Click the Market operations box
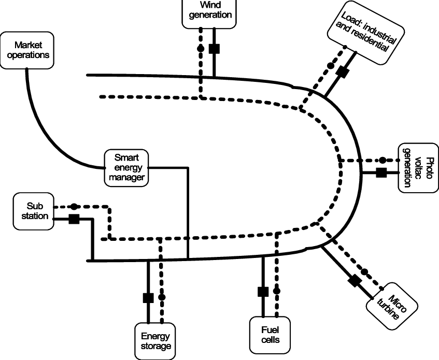click(x=27, y=50)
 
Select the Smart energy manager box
click(x=126, y=168)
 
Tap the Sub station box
click(x=34, y=211)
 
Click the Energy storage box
click(x=155, y=341)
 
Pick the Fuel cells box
click(x=270, y=335)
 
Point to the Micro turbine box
click(x=392, y=306)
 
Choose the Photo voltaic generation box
click(x=419, y=168)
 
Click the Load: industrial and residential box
click(x=366, y=33)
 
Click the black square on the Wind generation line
click(x=214, y=49)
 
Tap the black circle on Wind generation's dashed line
click(x=201, y=48)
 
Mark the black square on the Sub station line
click(x=74, y=219)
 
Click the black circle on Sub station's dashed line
click(x=74, y=207)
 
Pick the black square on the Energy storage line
click(x=148, y=298)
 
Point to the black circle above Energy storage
click(x=162, y=297)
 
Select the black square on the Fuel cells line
click(x=263, y=292)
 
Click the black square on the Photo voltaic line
click(x=381, y=172)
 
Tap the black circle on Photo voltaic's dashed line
click(x=383, y=160)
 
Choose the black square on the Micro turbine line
click(x=355, y=281)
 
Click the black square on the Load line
click(x=342, y=72)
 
